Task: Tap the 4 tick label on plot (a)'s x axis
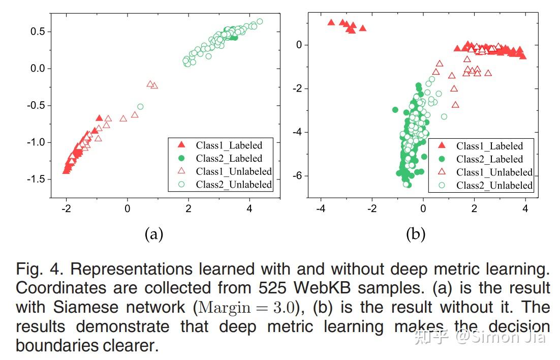click(x=249, y=208)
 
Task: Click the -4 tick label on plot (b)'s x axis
click(x=320, y=208)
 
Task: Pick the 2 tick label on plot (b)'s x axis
click(x=474, y=208)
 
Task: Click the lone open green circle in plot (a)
click(x=140, y=107)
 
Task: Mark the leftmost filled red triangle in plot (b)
click(x=331, y=22)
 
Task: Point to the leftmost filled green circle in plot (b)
click(x=395, y=110)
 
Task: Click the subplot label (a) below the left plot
click(x=154, y=234)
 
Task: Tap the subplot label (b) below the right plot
click(x=416, y=234)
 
